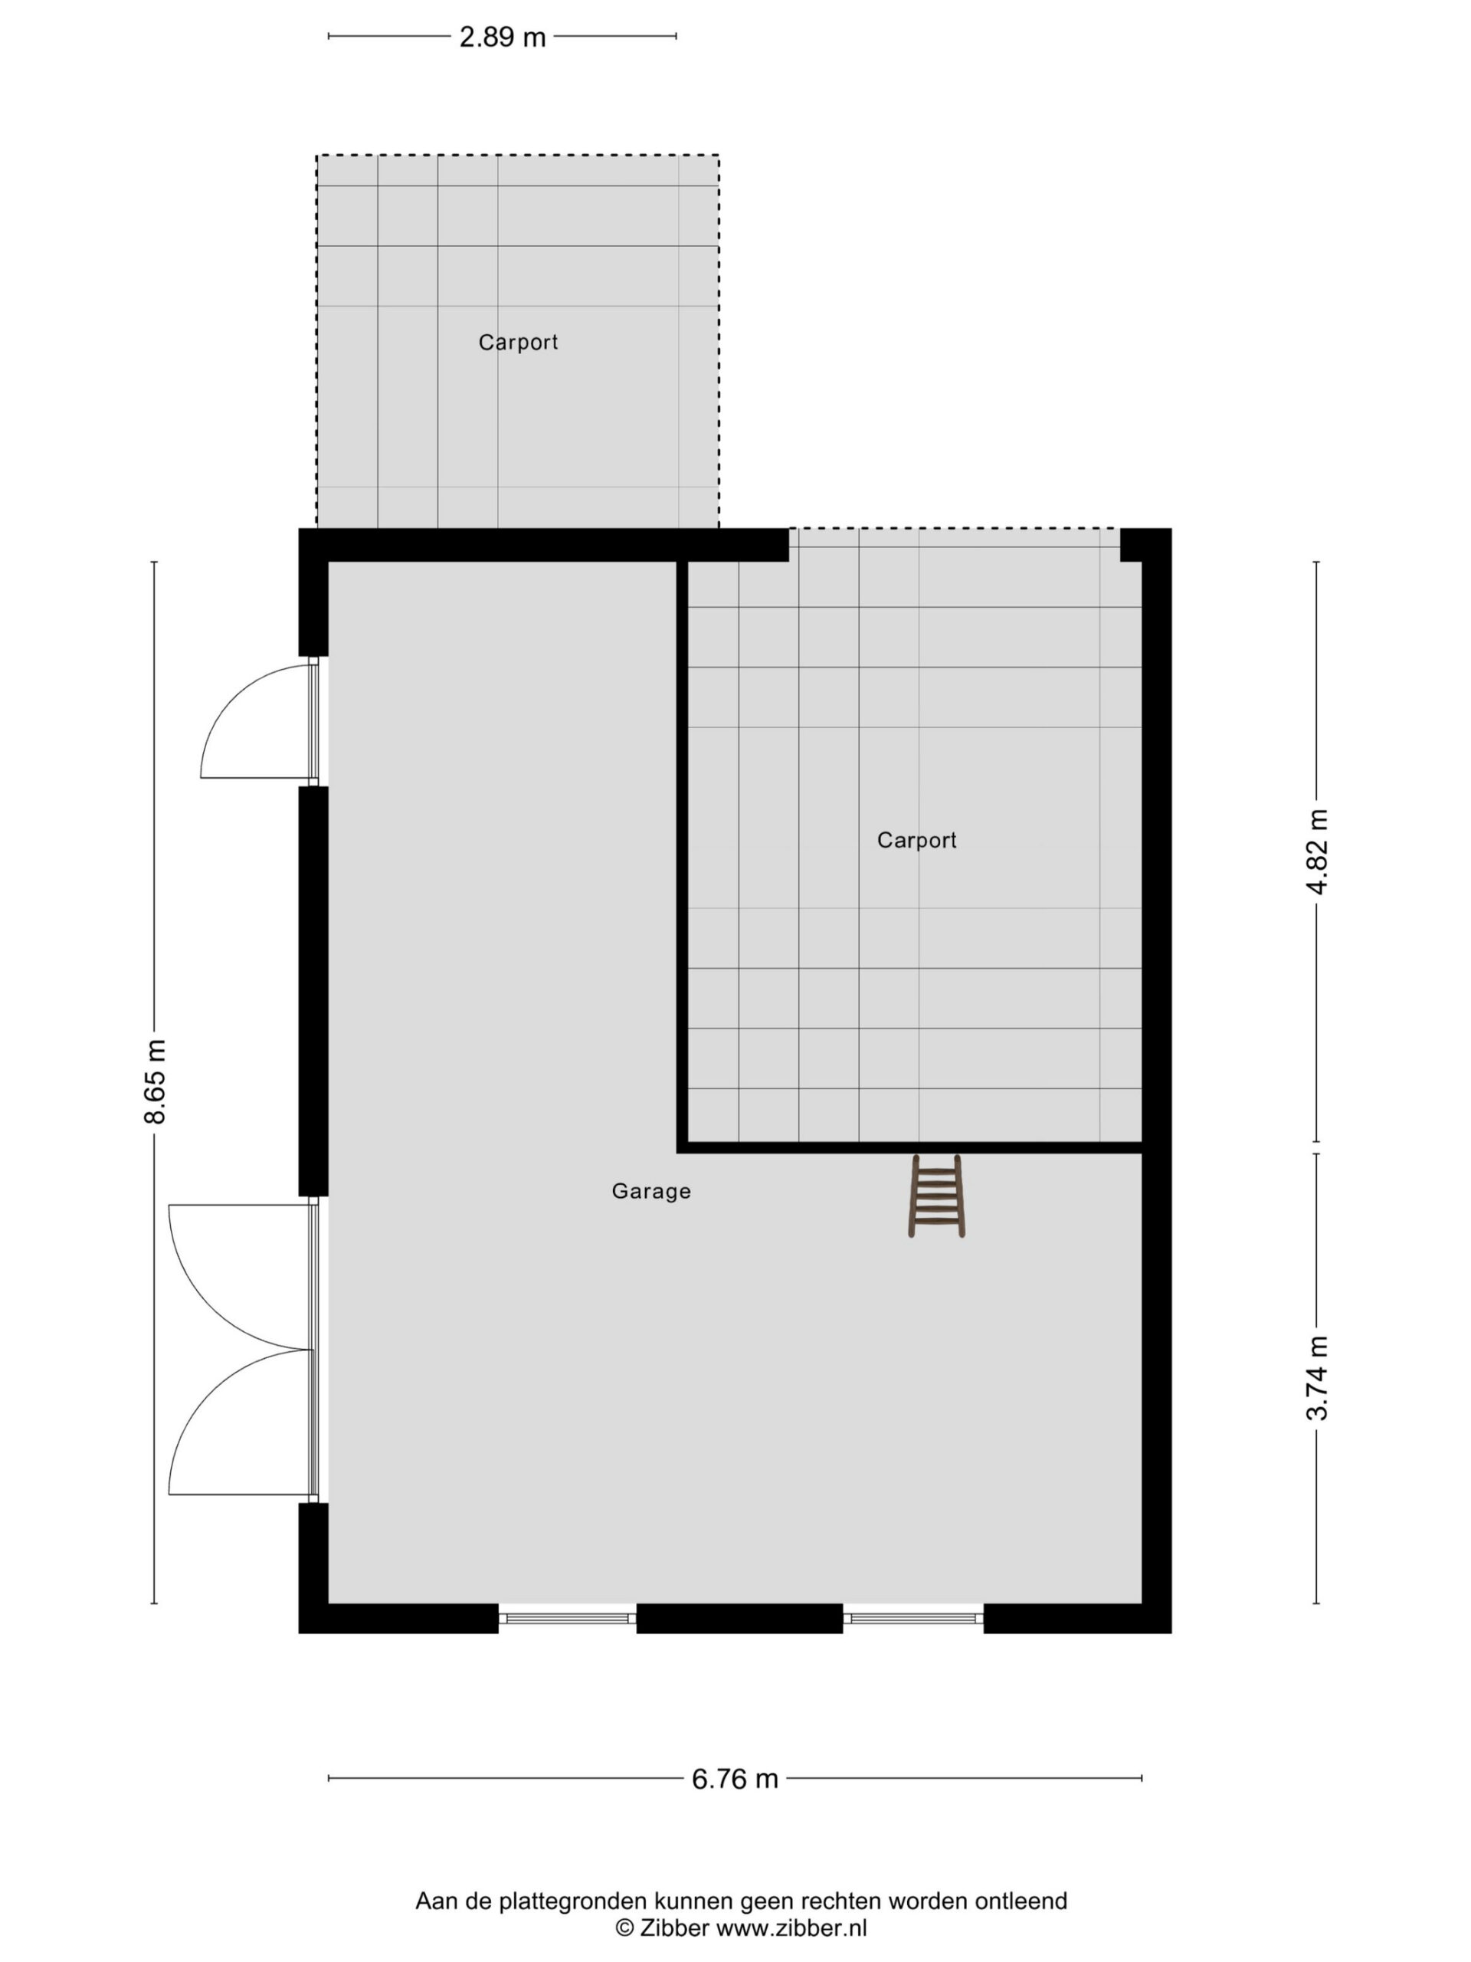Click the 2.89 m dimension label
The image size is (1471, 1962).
click(x=502, y=36)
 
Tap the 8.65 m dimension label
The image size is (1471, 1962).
click(x=156, y=1081)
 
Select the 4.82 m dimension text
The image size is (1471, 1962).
click(x=1317, y=851)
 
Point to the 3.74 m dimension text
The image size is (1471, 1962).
click(x=1317, y=1377)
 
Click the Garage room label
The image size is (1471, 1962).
click(x=650, y=1191)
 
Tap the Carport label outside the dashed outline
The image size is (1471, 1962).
click(x=518, y=343)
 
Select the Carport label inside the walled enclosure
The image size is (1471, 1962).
click(x=917, y=840)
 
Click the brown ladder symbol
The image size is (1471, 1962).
click(x=936, y=1195)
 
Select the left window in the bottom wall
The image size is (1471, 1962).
click(x=568, y=1619)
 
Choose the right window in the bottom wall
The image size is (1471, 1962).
click(x=913, y=1619)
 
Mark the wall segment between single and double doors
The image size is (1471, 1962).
click(x=313, y=991)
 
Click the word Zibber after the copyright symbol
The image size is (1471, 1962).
click(x=675, y=1928)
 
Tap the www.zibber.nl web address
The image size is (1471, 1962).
click(x=791, y=1928)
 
